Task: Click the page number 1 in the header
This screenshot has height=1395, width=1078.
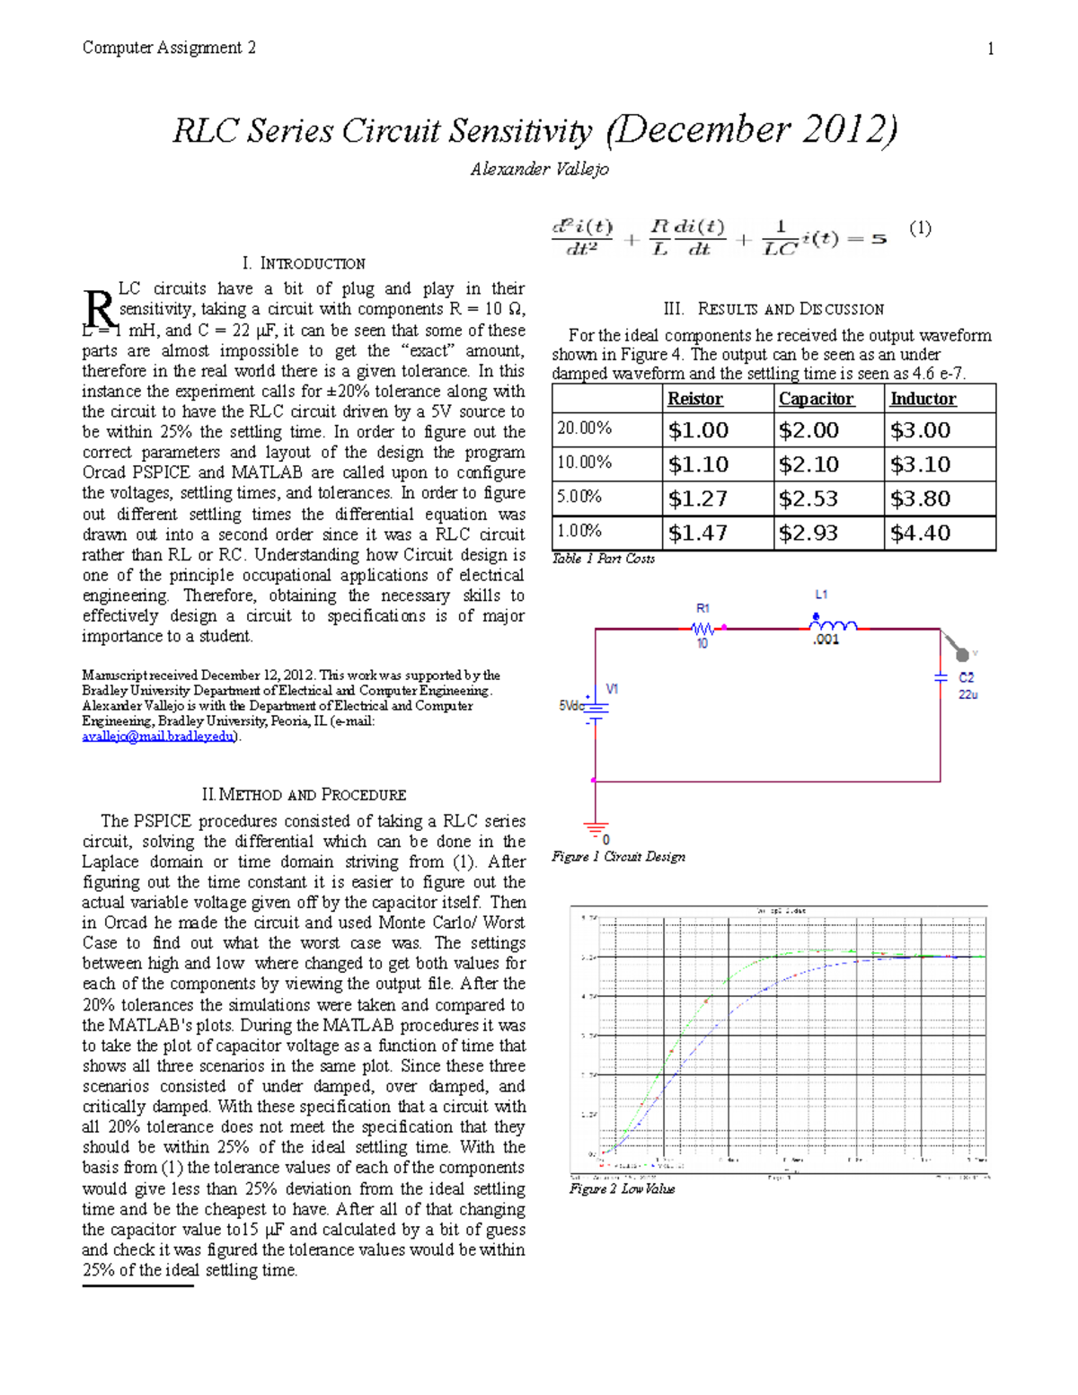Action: (990, 49)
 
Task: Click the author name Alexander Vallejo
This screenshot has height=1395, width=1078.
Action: (539, 169)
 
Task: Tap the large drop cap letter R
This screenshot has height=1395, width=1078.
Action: (99, 309)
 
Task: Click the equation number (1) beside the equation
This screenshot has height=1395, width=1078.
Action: (920, 228)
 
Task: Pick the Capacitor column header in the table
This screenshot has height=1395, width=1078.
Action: (816, 399)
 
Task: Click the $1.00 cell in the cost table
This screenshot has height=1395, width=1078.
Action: (698, 430)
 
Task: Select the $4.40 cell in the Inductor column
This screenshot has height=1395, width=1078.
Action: (920, 533)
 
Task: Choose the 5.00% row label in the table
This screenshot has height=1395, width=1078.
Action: (580, 497)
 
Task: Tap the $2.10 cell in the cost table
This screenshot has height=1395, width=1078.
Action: (809, 464)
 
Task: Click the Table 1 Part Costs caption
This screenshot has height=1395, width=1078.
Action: (603, 559)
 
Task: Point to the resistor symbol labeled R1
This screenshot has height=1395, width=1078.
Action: (703, 628)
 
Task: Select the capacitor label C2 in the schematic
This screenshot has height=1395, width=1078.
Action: (967, 677)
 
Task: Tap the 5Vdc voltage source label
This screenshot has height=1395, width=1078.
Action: (571, 706)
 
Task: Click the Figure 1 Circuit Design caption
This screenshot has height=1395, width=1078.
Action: (618, 857)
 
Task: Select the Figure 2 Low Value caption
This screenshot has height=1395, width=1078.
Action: (622, 1188)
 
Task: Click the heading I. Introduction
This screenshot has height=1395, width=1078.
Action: (304, 263)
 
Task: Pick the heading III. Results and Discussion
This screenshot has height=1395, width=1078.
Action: (773, 309)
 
